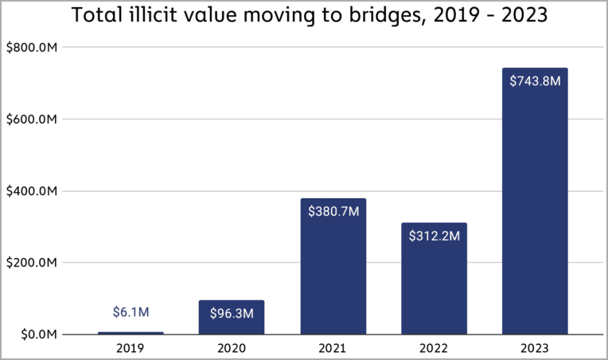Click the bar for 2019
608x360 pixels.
pos(131,333)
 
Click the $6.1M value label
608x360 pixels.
pos(131,312)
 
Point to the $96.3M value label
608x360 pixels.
pos(232,313)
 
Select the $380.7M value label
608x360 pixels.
pos(333,211)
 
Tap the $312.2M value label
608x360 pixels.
pos(434,236)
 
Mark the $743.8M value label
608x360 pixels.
pos(535,80)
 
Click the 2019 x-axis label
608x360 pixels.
pos(131,349)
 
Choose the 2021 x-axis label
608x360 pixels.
pos(333,349)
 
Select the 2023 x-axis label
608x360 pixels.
pos(535,349)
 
